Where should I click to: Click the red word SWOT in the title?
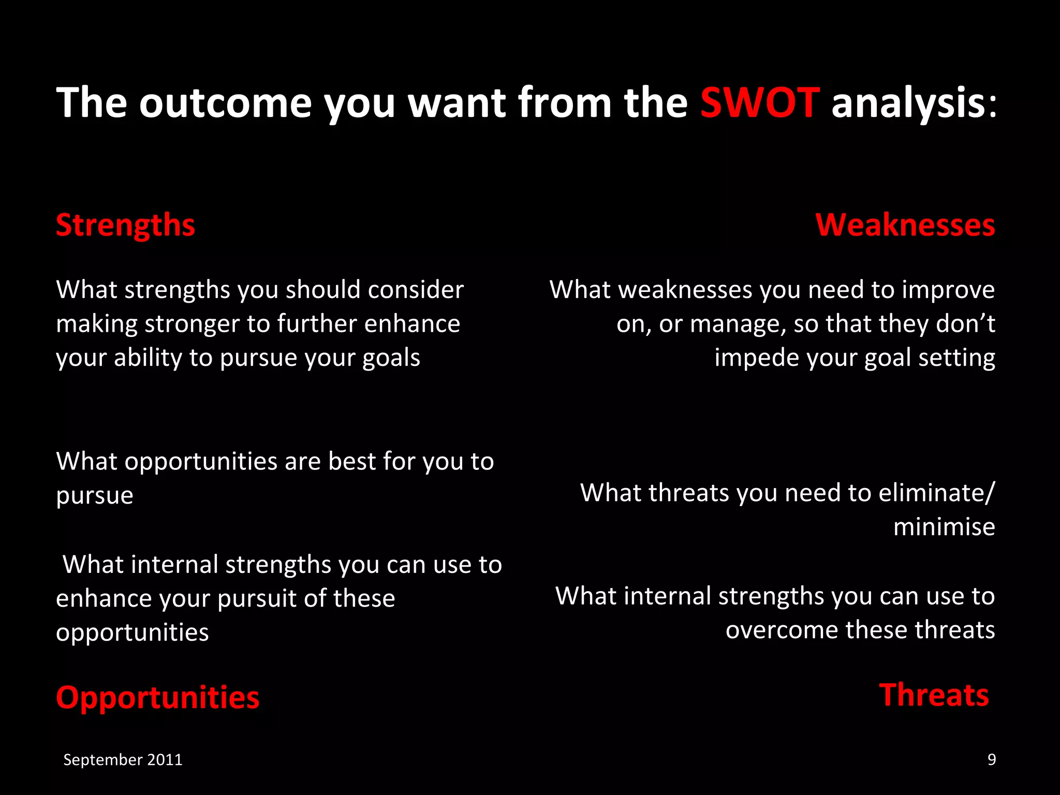(x=759, y=102)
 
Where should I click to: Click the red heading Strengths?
(x=125, y=225)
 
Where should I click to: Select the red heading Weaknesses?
(x=905, y=225)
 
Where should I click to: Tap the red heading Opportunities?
(x=157, y=697)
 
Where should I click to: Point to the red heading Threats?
(x=934, y=695)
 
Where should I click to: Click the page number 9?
(x=991, y=759)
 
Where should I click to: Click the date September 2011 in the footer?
(x=123, y=759)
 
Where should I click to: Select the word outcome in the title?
(x=225, y=102)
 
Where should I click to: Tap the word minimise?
(x=944, y=527)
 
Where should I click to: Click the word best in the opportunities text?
(x=351, y=461)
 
